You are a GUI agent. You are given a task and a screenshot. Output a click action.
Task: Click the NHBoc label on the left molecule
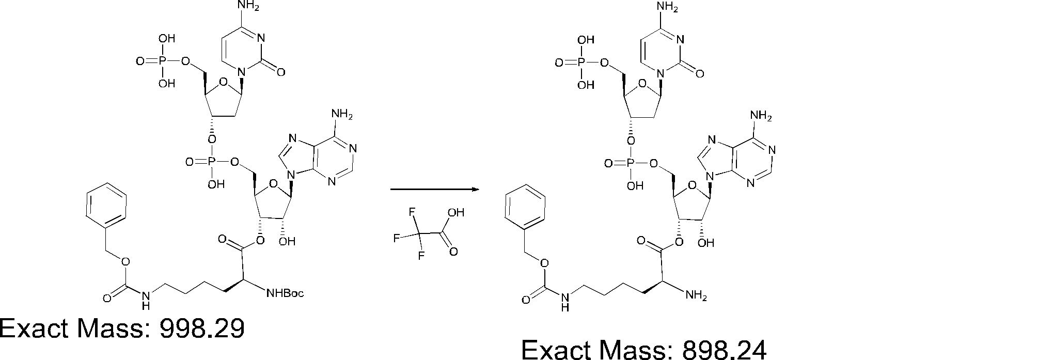pos(285,294)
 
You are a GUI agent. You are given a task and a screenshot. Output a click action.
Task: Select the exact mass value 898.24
pos(724,350)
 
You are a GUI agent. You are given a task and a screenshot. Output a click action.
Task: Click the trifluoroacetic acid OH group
pos(457,212)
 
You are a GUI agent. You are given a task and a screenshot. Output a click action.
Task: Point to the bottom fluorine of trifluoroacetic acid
pos(421,256)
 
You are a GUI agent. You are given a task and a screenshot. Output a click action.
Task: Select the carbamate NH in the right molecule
pos(566,300)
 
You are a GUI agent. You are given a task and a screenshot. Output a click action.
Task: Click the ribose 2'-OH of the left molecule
pos(287,242)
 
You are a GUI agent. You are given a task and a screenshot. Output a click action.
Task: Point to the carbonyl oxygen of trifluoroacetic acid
pos(453,252)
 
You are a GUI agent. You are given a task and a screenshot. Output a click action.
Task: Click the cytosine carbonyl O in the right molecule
pos(700,73)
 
